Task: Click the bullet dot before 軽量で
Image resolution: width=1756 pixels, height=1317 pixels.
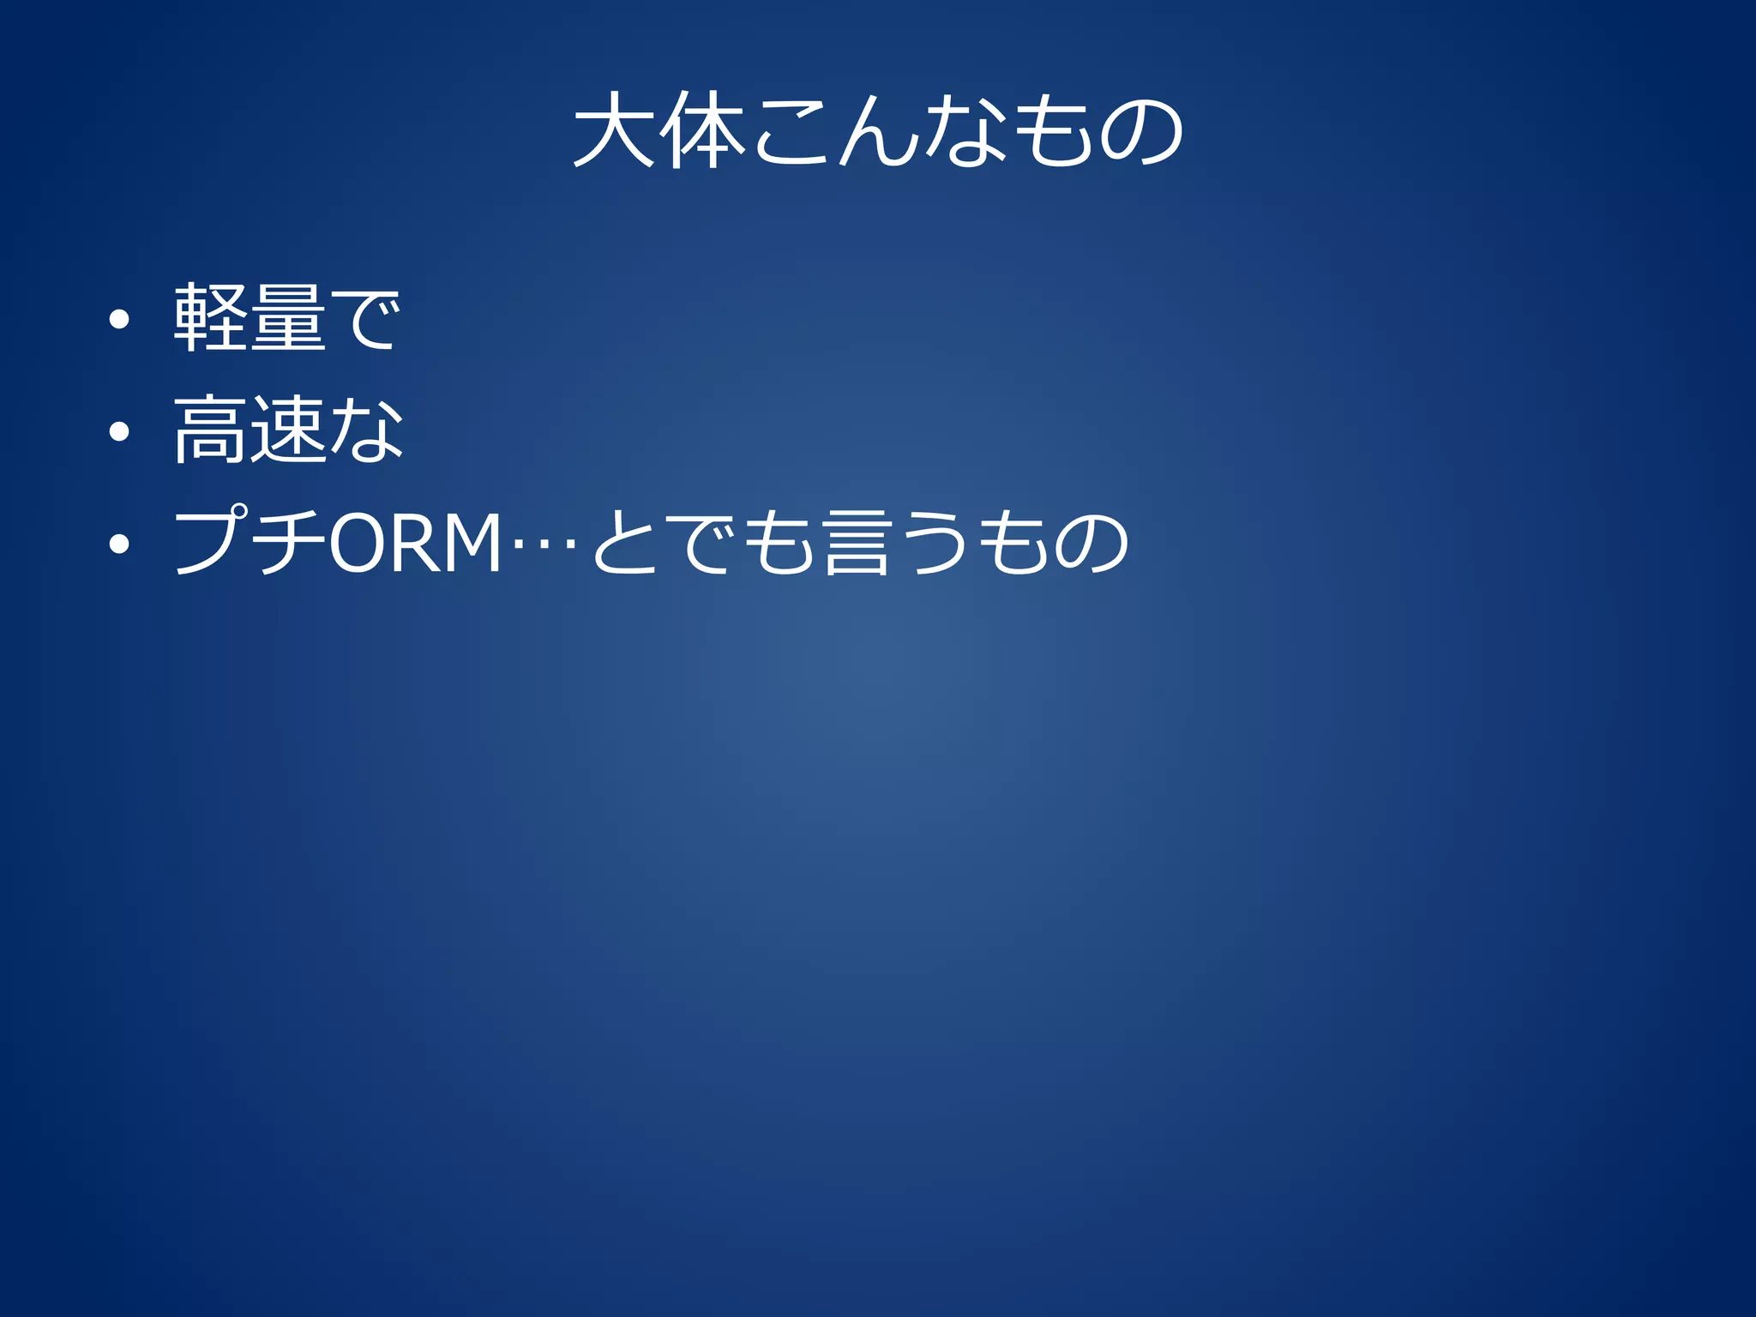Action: (119, 320)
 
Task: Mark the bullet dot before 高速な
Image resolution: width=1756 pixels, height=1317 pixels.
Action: (119, 431)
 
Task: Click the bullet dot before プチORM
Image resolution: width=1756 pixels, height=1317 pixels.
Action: (119, 544)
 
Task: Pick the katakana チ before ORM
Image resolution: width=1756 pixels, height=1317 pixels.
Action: (290, 542)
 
